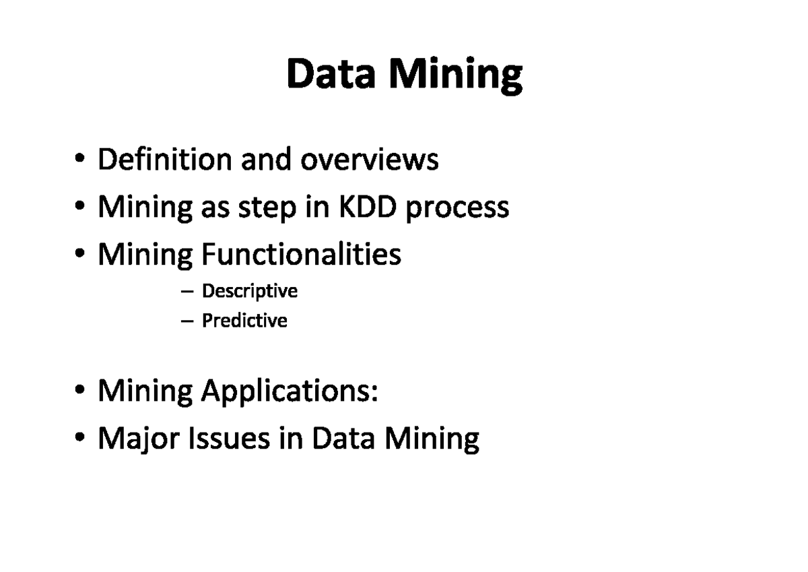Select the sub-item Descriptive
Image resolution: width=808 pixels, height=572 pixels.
click(250, 292)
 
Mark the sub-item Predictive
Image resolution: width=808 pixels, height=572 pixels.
click(244, 321)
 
